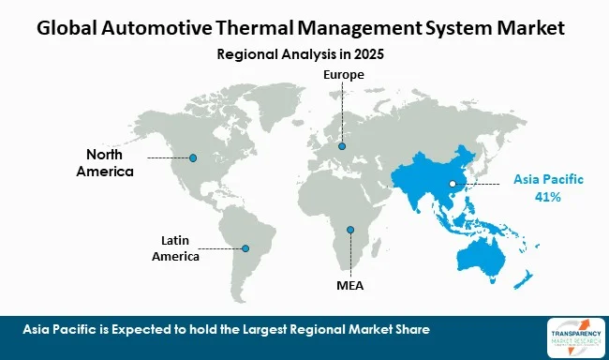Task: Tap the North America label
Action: [111, 162]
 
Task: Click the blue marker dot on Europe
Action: [342, 146]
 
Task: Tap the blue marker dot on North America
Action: [193, 157]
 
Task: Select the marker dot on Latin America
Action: [245, 248]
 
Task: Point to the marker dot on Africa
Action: [349, 230]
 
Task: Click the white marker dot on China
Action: [452, 184]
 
